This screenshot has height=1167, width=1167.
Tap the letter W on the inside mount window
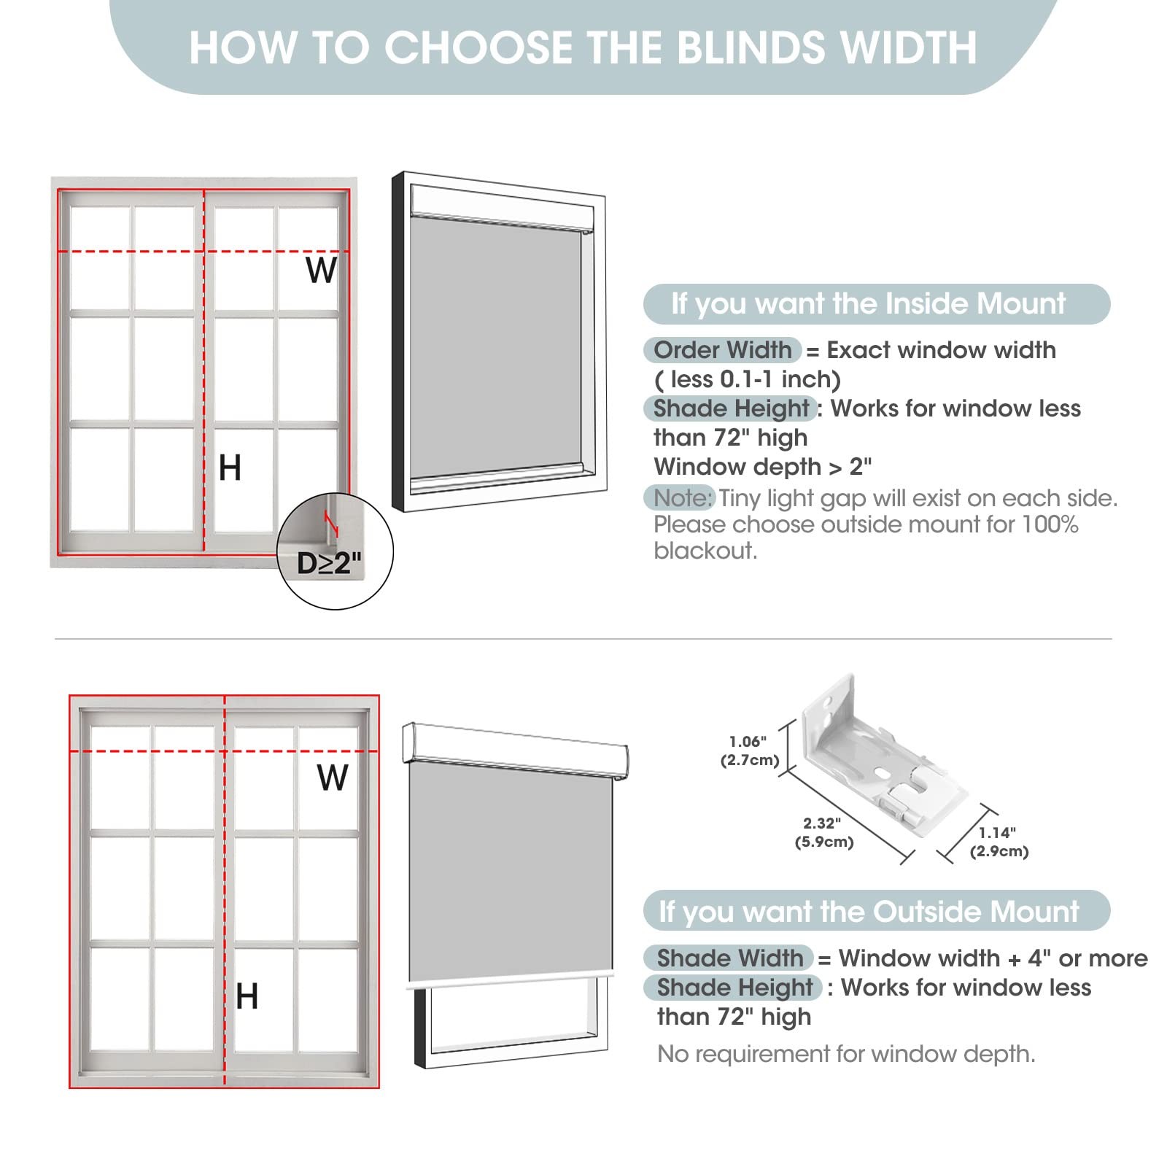click(x=322, y=270)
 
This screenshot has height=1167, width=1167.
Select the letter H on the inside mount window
click(x=230, y=468)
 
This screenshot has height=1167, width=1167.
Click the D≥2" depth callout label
click(x=329, y=562)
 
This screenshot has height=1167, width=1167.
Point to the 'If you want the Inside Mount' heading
click(x=868, y=303)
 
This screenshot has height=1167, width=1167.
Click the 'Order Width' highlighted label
click(x=722, y=350)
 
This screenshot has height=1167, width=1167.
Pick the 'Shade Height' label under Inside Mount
click(x=730, y=408)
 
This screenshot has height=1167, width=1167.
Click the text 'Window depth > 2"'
click(x=762, y=466)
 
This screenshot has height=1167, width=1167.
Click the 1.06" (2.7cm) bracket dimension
click(x=749, y=751)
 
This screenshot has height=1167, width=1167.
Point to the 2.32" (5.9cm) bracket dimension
click(x=823, y=832)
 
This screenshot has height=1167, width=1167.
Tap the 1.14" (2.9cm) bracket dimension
click(x=999, y=842)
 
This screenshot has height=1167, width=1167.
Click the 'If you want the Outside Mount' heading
click(x=869, y=912)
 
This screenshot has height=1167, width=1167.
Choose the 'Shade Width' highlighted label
click(x=729, y=958)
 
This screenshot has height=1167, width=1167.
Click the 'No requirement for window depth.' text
click(x=846, y=1054)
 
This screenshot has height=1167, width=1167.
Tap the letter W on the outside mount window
click(x=333, y=778)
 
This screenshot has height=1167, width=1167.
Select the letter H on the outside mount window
click(x=247, y=996)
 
